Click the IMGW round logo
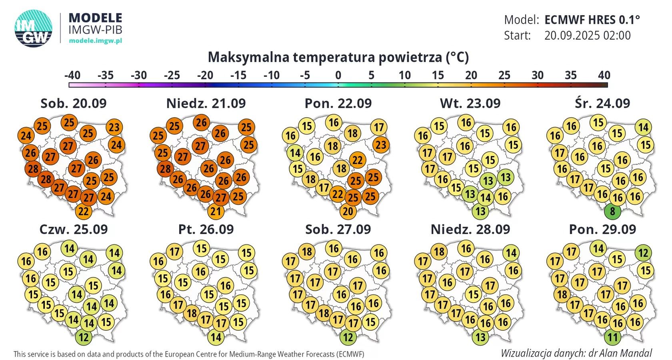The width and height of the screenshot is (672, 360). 34,28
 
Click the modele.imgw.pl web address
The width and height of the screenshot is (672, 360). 95,41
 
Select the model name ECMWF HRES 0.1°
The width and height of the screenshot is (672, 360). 592,20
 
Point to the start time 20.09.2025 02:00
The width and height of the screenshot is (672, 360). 587,35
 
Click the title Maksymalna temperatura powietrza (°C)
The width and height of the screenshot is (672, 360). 338,57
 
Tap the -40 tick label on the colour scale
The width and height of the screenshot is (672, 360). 72,75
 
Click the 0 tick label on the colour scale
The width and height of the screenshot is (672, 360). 338,75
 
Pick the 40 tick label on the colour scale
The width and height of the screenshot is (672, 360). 604,75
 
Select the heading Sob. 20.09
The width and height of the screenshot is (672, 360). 74,103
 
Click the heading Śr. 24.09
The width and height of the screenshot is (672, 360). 602,103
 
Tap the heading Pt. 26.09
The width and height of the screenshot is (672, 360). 206,229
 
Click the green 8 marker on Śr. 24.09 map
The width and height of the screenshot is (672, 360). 612,211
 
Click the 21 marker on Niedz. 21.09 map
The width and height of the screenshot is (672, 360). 216,211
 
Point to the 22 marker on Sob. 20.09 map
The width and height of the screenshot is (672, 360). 83,211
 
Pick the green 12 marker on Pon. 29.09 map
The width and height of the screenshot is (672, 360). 643,253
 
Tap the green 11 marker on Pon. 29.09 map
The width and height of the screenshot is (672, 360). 612,337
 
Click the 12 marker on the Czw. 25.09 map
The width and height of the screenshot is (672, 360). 83,337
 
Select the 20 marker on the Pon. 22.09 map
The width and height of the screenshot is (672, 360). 348,211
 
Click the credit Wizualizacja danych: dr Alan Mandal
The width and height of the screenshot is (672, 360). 576,353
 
